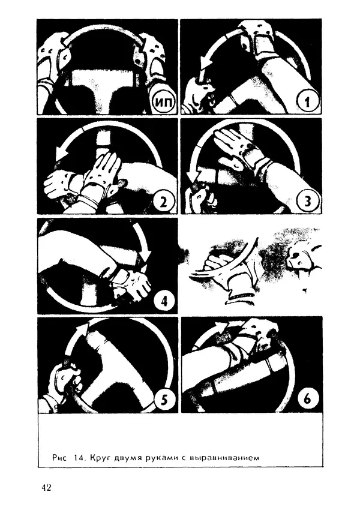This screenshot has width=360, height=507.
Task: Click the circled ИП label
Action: point(163,101)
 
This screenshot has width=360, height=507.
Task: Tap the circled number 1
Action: point(307,101)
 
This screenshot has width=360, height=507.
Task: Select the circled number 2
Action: point(163,202)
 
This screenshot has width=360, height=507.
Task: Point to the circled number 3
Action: point(307,202)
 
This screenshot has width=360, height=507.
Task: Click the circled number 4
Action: point(164,301)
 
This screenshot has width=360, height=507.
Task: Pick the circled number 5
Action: point(164,400)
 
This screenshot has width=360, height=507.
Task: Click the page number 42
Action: point(46,487)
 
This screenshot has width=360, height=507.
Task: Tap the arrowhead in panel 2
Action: point(61,153)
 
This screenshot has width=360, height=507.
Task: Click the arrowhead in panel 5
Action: point(82,329)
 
